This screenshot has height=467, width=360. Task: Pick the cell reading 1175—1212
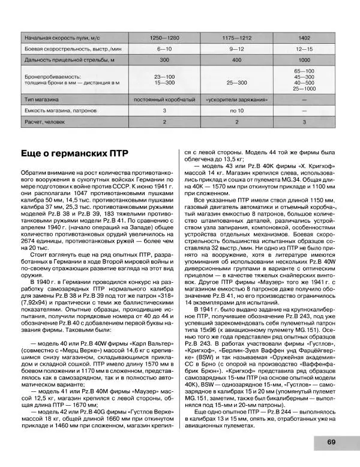235,38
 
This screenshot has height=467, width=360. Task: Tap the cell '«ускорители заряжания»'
235,99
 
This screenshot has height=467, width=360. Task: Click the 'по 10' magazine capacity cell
235,110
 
